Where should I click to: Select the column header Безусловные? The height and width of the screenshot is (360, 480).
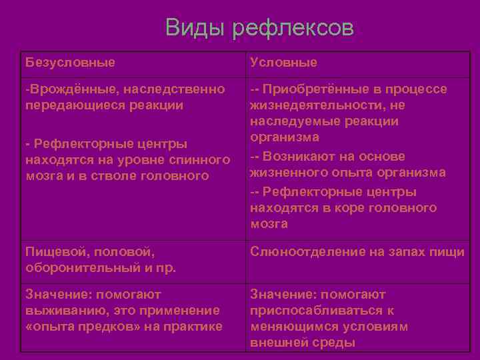[70, 62]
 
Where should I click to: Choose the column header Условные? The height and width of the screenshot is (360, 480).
[283, 62]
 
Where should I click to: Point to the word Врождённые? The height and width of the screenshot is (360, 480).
[63, 89]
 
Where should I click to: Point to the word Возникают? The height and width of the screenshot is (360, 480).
[298, 156]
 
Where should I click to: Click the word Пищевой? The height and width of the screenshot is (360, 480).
[55, 252]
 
